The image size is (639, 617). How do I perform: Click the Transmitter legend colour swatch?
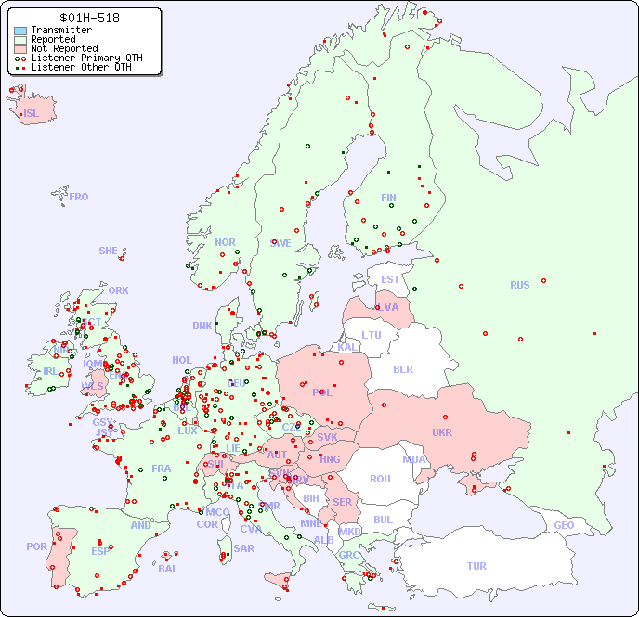click(20, 31)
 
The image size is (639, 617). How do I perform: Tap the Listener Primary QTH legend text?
click(86, 58)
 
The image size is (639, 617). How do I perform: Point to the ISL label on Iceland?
click(32, 114)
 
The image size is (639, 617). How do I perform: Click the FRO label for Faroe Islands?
click(79, 197)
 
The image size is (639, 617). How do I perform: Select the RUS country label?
click(519, 285)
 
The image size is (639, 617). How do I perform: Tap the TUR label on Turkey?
click(476, 566)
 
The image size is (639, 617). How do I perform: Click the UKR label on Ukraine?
click(441, 432)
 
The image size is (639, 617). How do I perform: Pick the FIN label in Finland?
click(388, 198)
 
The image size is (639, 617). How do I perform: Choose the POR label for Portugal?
click(36, 546)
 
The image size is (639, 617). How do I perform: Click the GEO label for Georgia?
click(564, 525)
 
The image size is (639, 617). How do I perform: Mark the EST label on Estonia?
click(390, 279)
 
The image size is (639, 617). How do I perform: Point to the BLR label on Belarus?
click(403, 368)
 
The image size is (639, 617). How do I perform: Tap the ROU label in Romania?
click(380, 479)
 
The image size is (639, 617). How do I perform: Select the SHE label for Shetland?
click(109, 251)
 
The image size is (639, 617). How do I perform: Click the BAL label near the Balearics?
click(168, 569)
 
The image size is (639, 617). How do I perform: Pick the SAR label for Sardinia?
click(243, 548)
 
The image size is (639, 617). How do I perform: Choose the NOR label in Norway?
click(225, 242)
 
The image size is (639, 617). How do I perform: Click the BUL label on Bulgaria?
click(383, 520)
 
